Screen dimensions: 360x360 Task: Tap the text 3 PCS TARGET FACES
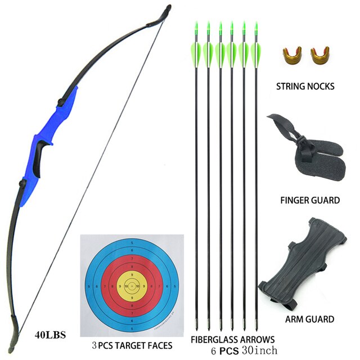[x=132, y=345]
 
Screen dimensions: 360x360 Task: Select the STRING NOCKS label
[x=305, y=87]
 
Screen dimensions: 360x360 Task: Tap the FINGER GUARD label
[x=309, y=200]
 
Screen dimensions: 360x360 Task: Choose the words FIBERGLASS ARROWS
[x=232, y=340]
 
